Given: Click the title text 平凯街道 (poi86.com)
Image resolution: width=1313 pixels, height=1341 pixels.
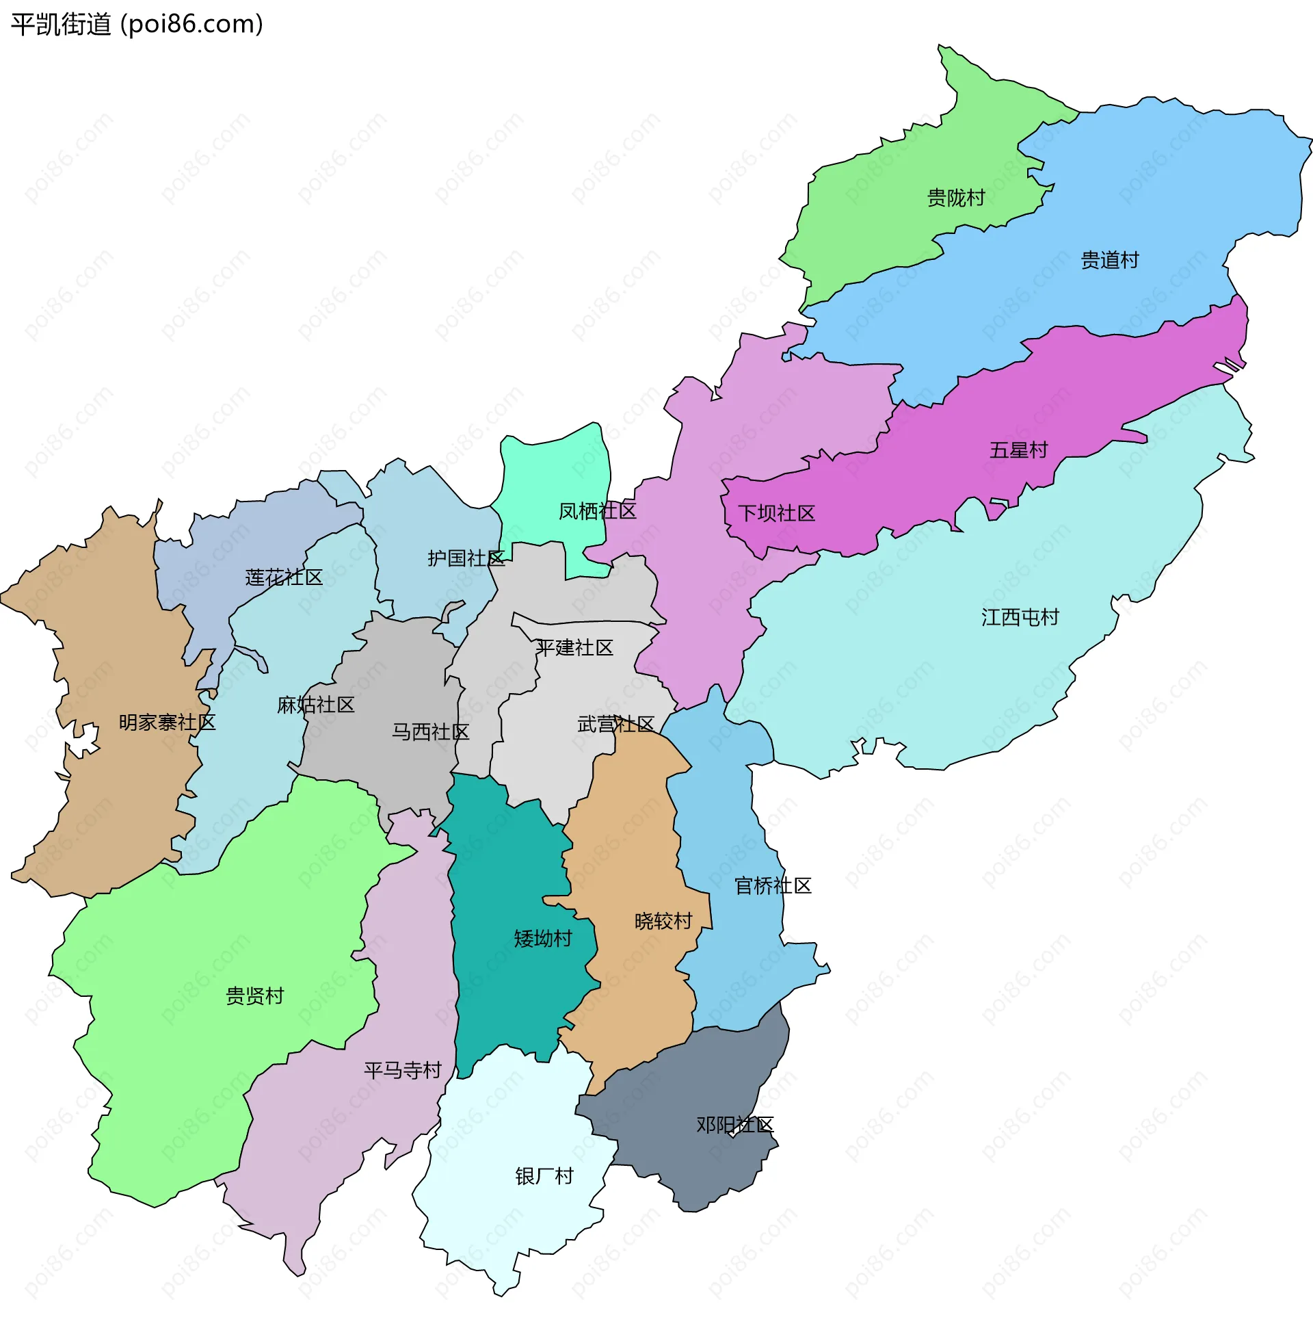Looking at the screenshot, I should pos(137,24).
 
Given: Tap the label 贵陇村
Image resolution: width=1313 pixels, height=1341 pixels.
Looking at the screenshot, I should pos(956,198).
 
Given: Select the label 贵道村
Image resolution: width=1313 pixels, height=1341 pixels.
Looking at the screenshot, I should pos(1109,261).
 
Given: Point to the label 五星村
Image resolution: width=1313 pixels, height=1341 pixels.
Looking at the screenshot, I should pos(1018,450).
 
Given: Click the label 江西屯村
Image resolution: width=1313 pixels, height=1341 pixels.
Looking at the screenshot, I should pos(1019,617).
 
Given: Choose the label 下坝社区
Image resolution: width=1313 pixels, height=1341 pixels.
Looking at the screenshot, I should pos(776,513).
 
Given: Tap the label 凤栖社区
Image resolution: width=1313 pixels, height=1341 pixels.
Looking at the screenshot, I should pos(597,511).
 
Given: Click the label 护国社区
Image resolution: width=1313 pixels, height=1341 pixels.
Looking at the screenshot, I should pos(466,558).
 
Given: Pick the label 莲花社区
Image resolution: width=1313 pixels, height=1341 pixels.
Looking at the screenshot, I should pos(283,577).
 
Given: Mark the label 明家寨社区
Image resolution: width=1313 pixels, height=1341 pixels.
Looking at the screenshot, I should pos(167,722).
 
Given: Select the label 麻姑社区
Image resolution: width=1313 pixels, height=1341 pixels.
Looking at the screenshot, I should pos(316,705).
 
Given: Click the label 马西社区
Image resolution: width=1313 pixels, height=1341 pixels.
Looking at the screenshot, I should pos(430,732).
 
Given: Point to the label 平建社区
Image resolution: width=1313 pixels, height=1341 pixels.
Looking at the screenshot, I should pos(574,648).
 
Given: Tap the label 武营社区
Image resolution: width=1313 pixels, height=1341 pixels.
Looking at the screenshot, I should pos(615,725).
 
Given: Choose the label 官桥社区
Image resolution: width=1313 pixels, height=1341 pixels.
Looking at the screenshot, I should pos(772,886).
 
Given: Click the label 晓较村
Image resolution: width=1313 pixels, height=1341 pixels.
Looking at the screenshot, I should pos(663,922).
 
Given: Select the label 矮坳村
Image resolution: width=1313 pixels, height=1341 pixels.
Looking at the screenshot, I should pos(543,939).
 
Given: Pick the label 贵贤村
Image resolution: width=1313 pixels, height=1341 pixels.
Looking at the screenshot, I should pos(254,996).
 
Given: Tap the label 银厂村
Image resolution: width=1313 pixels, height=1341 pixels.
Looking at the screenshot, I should pos(544,1176).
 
